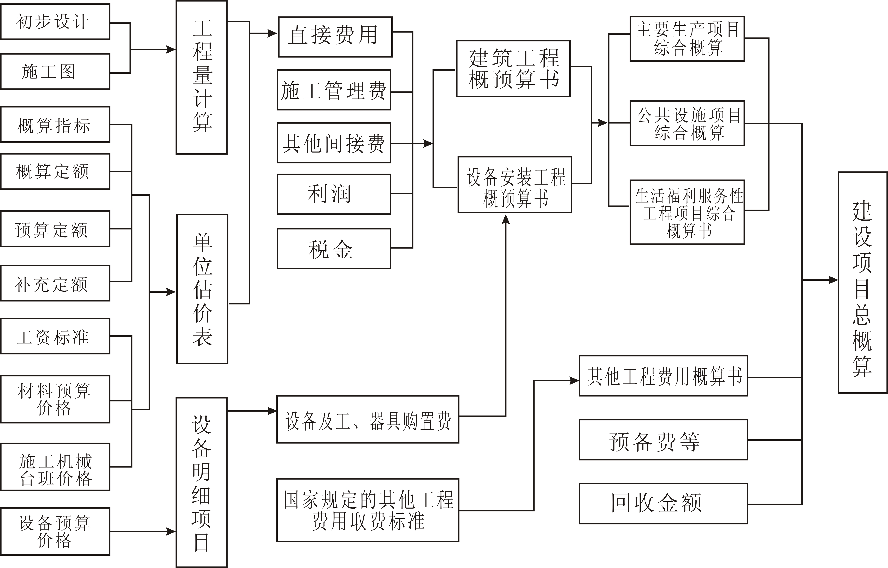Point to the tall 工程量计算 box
pos(202,77)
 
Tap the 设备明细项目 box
pos(202,483)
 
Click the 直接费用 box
pos(335,37)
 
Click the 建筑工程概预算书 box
pos(513,69)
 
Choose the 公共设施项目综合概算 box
pos(687,123)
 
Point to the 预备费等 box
pos(663,440)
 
